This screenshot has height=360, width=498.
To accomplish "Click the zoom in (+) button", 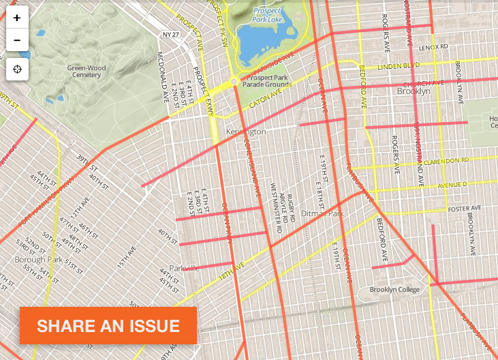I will click(17, 18).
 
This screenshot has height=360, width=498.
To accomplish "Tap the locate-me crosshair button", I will click(17, 69).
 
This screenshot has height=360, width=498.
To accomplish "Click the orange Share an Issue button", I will click(108, 325).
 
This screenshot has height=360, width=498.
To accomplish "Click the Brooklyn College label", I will click(392, 290).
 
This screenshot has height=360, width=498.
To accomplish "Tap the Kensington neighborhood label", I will click(245, 130).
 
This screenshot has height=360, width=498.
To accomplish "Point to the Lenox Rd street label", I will click(433, 47).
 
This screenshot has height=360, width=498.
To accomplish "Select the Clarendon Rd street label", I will click(446, 161).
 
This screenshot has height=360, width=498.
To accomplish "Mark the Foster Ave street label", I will click(465, 207).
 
